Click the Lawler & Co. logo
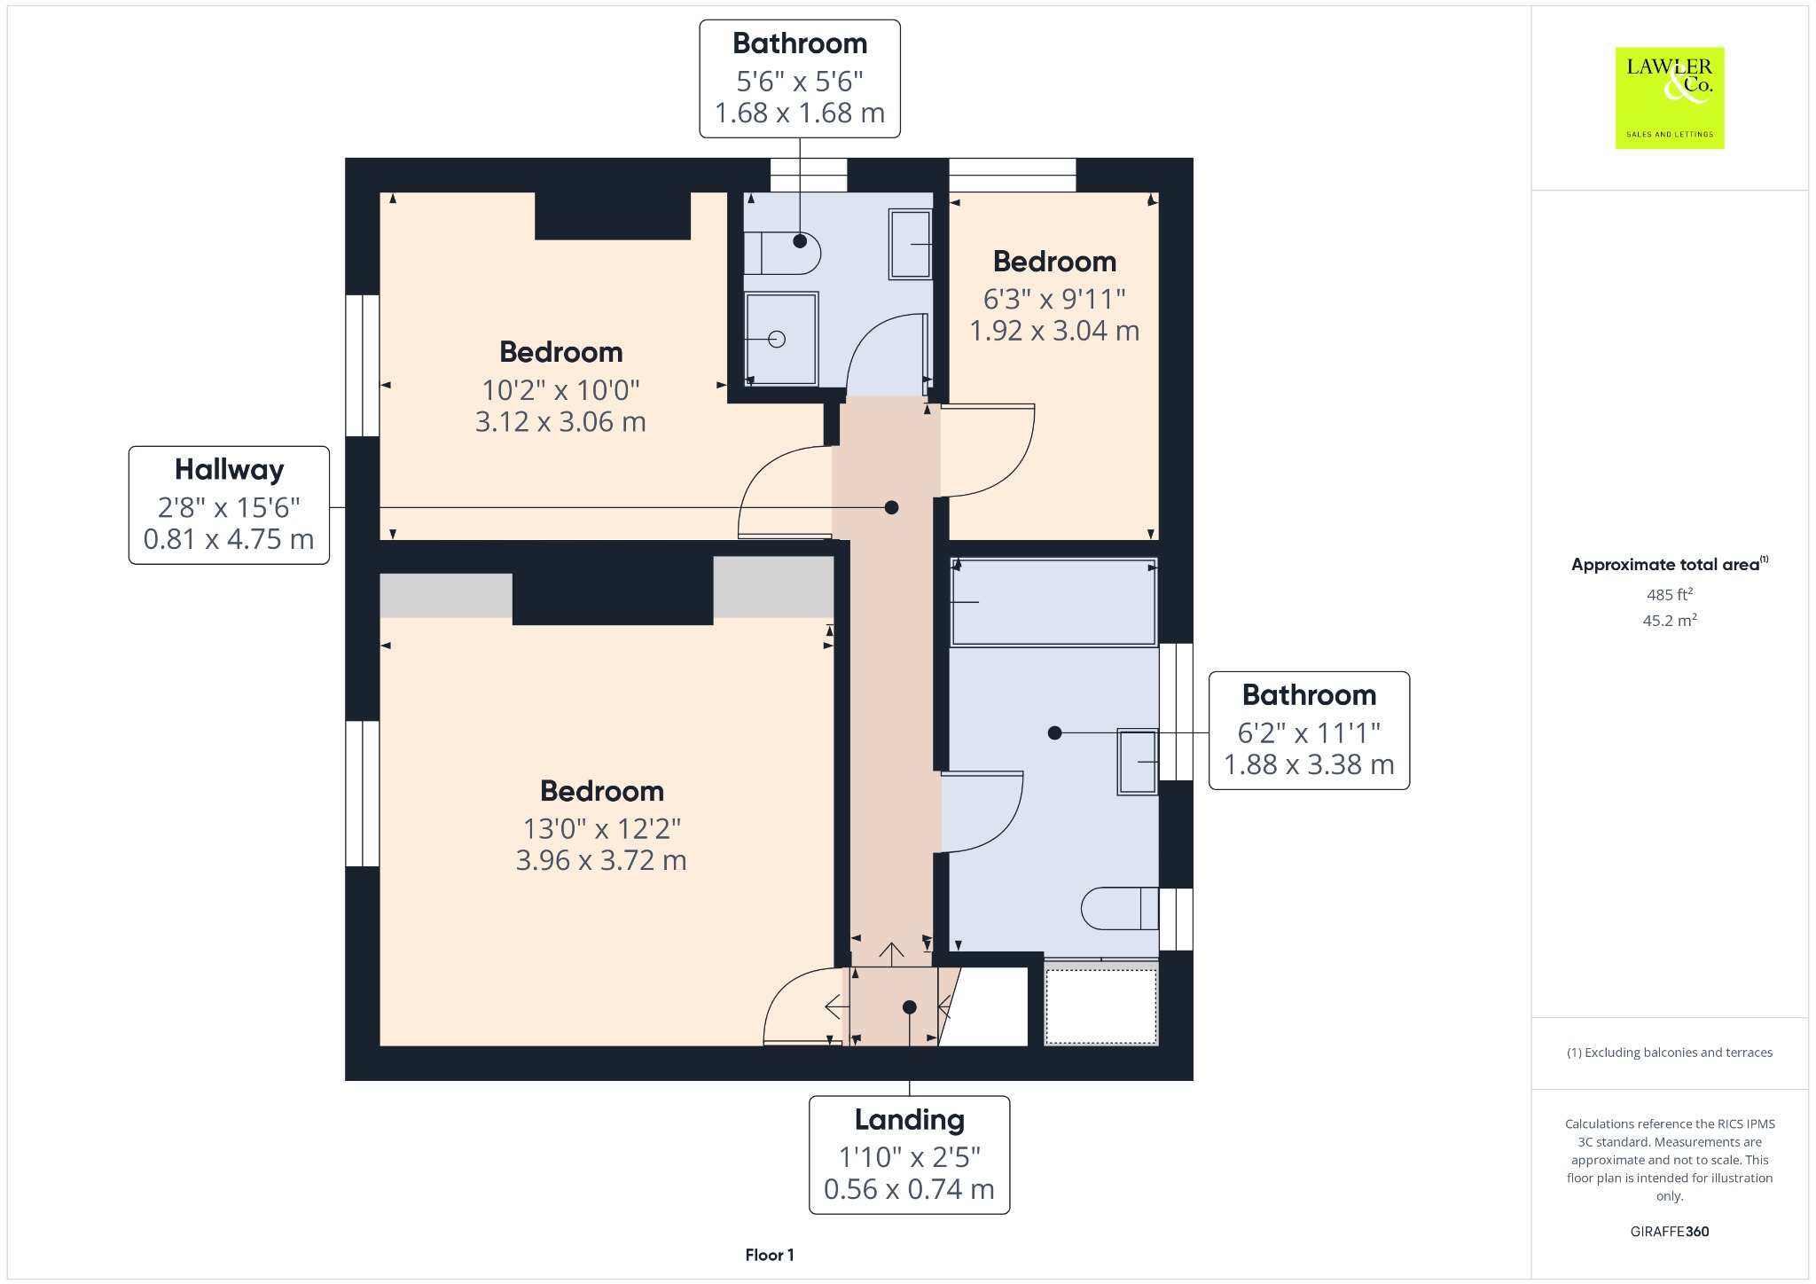tap(1670, 98)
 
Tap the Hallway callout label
tap(229, 505)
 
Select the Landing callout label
tap(909, 1155)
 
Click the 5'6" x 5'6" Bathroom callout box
tap(800, 79)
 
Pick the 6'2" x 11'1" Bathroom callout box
tap(1309, 730)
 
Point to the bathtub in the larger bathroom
tap(1053, 602)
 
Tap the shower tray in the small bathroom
tap(781, 339)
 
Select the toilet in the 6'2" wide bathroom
tap(1120, 908)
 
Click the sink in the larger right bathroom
tap(1138, 761)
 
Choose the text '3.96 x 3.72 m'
tap(601, 860)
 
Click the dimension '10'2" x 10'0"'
tap(560, 389)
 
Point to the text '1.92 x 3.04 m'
tap(1054, 331)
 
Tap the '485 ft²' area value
tap(1670, 594)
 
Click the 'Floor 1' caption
tap(770, 1255)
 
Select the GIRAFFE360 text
tap(1670, 1231)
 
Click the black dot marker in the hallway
tap(892, 507)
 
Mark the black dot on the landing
tap(910, 1007)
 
